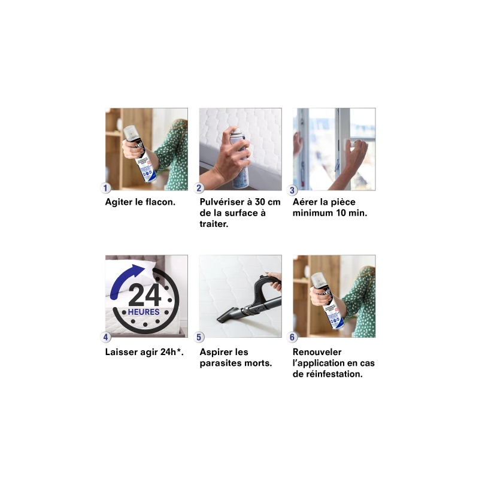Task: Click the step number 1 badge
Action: tap(106, 189)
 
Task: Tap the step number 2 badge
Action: tap(199, 189)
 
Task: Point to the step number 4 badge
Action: tap(106, 337)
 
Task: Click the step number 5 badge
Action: tap(199, 337)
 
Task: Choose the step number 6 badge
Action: tap(293, 337)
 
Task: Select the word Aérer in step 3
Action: tap(306, 202)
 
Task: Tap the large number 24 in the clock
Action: tap(145, 295)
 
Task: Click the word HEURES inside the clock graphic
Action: tap(144, 313)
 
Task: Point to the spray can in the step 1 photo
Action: tap(137, 153)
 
